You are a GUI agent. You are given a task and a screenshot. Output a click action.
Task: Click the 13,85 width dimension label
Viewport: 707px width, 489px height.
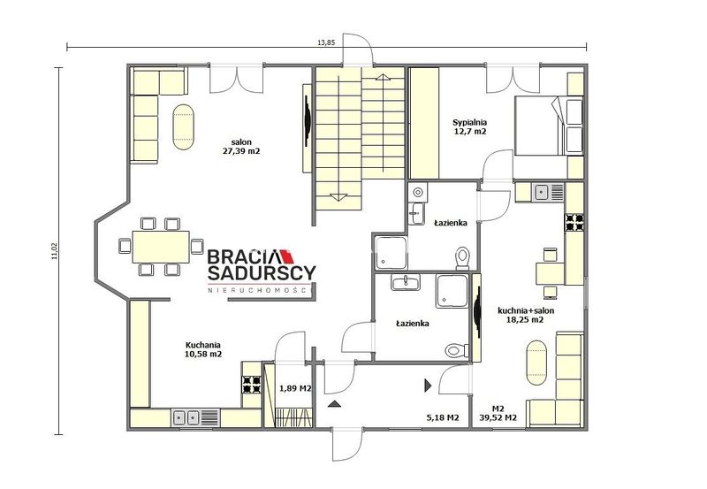(326, 42)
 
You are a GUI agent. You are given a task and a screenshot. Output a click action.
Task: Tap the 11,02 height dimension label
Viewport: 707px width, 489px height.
(55, 251)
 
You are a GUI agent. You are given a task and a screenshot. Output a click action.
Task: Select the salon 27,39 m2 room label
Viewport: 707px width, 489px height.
(241, 147)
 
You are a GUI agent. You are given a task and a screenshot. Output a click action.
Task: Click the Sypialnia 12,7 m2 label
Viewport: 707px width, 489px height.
(470, 126)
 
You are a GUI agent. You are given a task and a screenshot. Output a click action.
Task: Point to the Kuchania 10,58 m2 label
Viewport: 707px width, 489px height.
(203, 349)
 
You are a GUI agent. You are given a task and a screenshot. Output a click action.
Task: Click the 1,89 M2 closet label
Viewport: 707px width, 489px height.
(295, 388)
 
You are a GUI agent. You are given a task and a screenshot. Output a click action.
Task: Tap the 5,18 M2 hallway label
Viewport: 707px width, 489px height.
(443, 417)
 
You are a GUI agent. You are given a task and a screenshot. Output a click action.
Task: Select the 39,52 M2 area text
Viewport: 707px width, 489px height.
(498, 417)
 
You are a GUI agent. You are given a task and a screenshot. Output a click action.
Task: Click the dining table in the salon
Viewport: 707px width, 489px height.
(161, 247)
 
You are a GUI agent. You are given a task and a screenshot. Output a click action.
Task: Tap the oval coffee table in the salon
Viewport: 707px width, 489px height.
(184, 127)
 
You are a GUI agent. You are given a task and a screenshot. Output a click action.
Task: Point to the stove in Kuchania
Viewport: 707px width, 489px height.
(252, 384)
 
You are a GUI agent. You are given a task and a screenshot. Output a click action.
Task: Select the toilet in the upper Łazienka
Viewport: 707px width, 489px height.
(462, 258)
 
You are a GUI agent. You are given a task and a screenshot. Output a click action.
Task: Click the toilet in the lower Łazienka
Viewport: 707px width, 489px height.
(457, 350)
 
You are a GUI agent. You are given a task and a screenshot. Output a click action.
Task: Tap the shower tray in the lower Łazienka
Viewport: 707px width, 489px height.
(452, 291)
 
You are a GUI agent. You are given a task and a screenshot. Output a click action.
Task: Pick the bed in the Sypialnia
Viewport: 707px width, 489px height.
(549, 126)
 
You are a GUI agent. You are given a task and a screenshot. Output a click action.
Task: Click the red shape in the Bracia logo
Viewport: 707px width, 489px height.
(286, 256)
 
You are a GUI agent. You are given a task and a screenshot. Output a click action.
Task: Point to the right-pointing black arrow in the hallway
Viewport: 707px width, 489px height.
(428, 385)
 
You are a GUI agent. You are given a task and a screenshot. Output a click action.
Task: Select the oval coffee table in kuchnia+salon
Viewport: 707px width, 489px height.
(536, 363)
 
